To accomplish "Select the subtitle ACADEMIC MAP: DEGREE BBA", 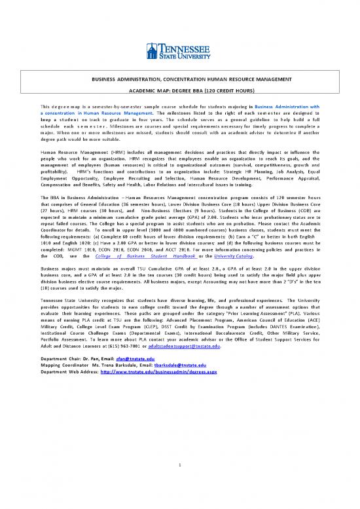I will pos(179,91).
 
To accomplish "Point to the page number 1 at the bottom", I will pos(179,466).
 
